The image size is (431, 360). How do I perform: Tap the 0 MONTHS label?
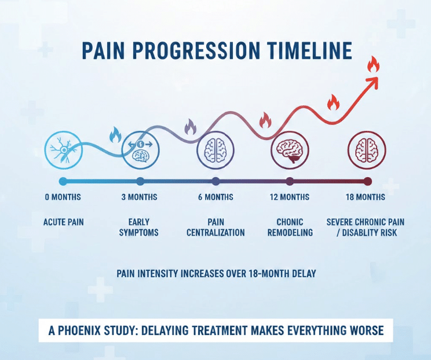click(63, 197)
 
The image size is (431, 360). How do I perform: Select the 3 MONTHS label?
click(139, 197)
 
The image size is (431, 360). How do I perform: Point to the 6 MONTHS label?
click(215, 197)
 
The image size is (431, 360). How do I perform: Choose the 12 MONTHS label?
click(290, 197)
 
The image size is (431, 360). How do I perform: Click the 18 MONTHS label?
click(366, 197)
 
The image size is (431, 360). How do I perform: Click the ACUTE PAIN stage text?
click(63, 222)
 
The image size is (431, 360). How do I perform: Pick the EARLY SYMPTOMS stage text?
click(139, 227)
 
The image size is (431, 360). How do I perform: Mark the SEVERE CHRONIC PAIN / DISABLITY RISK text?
click(366, 227)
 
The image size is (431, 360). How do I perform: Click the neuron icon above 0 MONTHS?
click(63, 150)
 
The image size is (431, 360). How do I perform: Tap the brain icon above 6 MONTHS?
click(216, 150)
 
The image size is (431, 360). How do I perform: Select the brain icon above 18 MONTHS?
click(366, 150)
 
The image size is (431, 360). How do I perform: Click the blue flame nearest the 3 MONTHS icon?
click(115, 135)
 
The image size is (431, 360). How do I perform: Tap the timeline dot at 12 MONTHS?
click(290, 181)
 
